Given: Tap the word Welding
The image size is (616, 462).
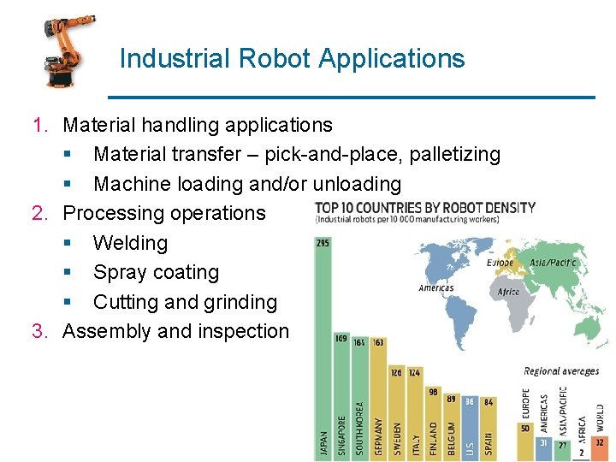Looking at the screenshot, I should (x=130, y=243).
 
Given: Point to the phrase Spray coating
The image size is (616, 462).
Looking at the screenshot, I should (x=156, y=273).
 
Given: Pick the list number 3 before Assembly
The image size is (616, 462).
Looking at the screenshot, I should (x=38, y=331).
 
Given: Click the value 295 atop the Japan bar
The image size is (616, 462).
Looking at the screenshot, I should (x=323, y=243).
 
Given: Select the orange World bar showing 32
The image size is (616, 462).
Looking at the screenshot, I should (x=600, y=449).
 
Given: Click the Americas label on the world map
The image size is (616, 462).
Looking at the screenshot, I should (x=435, y=288).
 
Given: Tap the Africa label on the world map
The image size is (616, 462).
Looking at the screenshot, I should (x=508, y=293).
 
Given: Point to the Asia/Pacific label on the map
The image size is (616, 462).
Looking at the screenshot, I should (x=554, y=263).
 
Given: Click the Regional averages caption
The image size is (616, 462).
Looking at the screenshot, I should (x=561, y=371).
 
